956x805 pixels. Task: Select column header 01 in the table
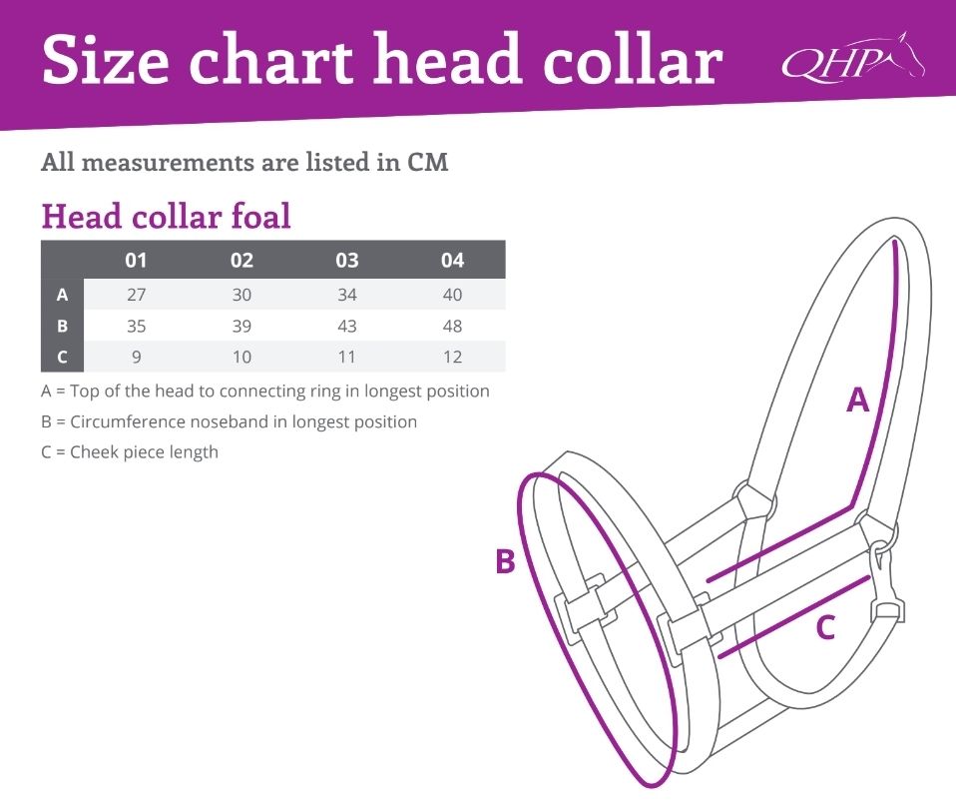point(136,261)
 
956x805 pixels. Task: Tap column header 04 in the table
point(452,261)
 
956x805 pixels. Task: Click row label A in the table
point(62,295)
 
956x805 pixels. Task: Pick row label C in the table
point(62,357)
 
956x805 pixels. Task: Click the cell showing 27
point(136,295)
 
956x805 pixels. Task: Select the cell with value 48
point(452,326)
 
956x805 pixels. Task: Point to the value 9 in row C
point(137,357)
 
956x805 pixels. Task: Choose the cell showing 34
point(347,295)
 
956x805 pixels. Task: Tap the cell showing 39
point(241,326)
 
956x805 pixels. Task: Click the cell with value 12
point(452,357)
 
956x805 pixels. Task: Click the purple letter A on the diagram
point(858,400)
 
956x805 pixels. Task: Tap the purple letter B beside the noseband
point(505,561)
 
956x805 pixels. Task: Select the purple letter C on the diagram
point(825,627)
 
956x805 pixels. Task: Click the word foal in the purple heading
point(260,216)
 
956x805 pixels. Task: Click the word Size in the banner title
point(106,59)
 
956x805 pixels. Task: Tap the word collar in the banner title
point(633,59)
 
